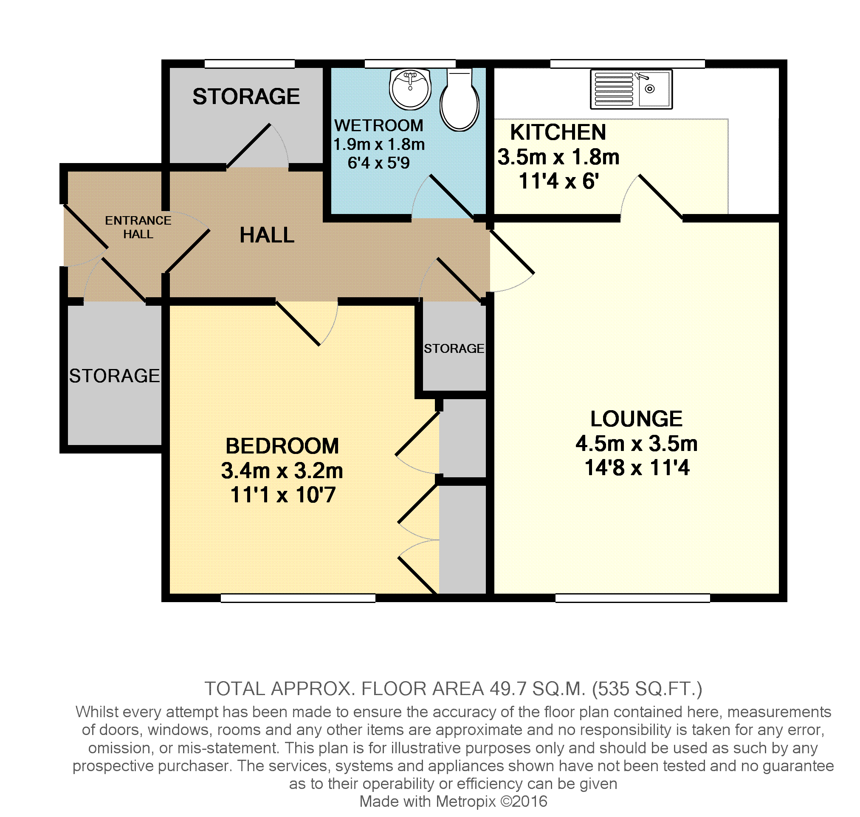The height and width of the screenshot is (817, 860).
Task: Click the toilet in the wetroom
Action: pos(460,100)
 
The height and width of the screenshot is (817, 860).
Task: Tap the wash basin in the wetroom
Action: pos(410,89)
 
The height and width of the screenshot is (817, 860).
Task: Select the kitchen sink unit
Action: pos(631,89)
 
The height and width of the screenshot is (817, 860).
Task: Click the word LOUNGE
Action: pos(636,419)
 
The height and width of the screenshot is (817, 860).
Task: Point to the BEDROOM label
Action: pos(282,446)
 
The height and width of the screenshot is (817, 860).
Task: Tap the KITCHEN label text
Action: pos(558,132)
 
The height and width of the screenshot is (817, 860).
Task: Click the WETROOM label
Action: pos(378,125)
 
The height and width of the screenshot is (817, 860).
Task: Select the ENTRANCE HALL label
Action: pos(138,227)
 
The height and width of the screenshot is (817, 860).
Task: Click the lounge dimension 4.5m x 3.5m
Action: pos(636,444)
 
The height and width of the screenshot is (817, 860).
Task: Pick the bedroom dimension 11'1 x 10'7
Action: pos(282,495)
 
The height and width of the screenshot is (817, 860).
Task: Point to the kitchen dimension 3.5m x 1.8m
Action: pos(558,157)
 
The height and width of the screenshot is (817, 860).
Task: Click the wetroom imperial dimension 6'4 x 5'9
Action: pos(378,163)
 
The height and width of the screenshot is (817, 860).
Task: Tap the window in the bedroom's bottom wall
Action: pos(298,598)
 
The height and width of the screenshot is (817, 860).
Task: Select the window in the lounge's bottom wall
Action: pos(632,598)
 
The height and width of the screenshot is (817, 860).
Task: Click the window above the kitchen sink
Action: pos(627,64)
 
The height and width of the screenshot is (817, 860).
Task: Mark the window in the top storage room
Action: pos(250,64)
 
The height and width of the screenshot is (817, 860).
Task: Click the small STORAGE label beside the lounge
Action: pos(454,348)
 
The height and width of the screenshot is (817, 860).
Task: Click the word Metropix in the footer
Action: pos(465,801)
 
